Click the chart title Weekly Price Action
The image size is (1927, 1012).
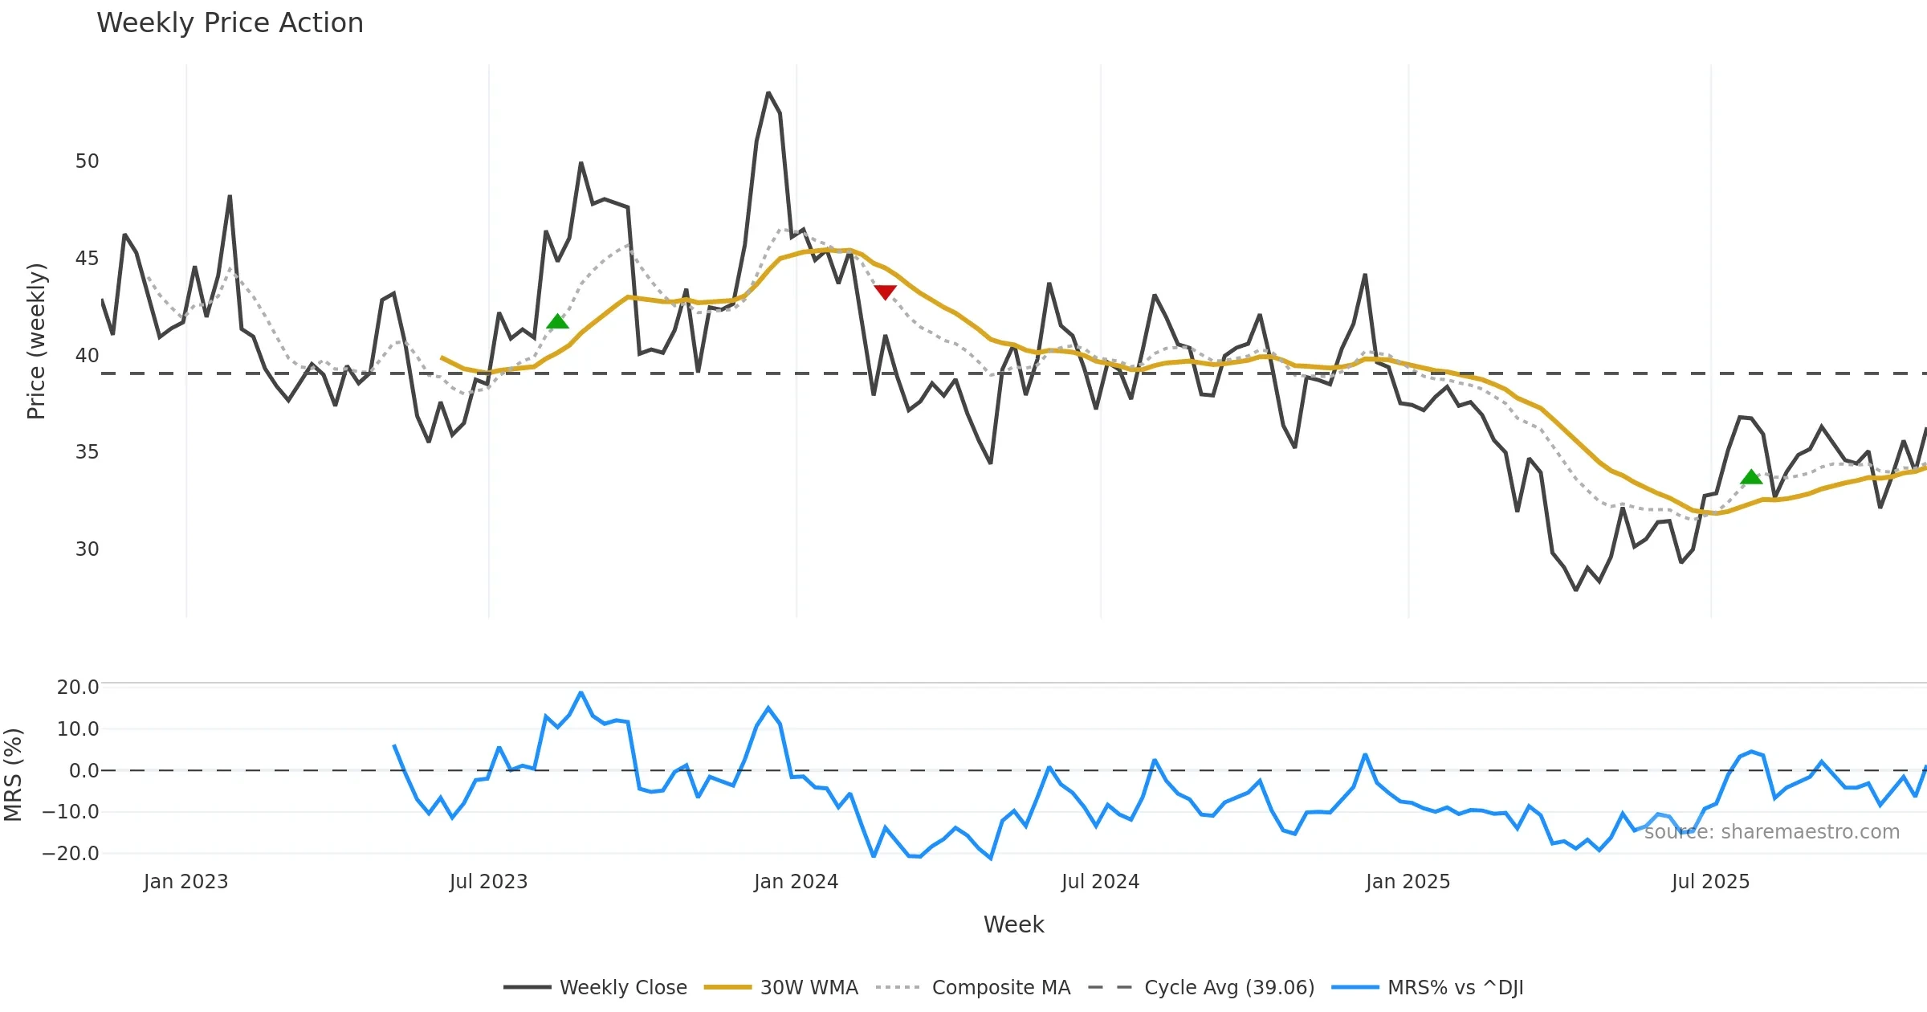[230, 23]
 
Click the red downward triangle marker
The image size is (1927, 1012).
[885, 292]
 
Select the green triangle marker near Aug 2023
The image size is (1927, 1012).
[557, 322]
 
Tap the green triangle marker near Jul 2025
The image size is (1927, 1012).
[1751, 477]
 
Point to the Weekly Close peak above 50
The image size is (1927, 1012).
[768, 94]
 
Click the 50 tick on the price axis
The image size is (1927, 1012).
[87, 161]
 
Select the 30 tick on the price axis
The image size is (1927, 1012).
[87, 549]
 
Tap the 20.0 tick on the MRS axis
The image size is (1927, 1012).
[78, 688]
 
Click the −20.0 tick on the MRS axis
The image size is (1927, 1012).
[71, 854]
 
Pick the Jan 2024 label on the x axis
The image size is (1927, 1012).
[796, 882]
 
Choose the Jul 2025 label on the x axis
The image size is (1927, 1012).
[1710, 882]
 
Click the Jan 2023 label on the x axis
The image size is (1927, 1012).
[185, 882]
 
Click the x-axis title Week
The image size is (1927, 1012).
[1013, 924]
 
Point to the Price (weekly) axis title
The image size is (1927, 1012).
[36, 341]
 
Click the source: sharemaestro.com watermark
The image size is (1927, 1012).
[1771, 832]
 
